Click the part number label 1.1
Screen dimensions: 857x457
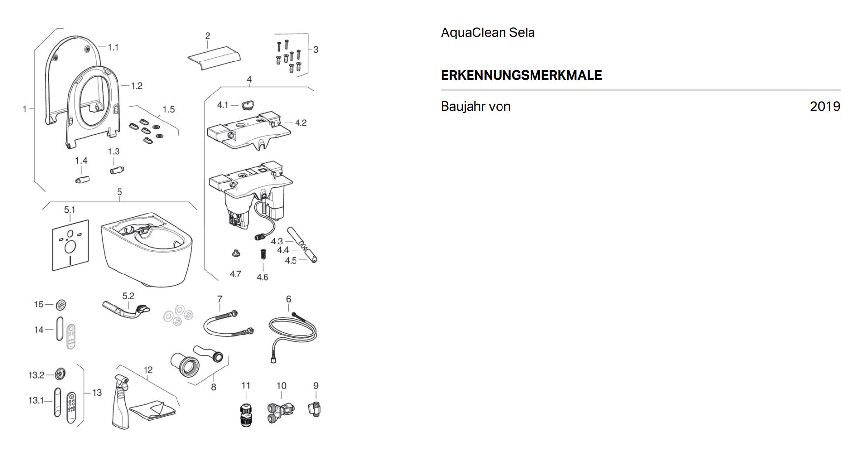pyautogui.click(x=113, y=47)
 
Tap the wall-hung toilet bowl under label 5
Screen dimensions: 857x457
pyautogui.click(x=147, y=248)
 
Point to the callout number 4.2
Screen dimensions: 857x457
pyautogui.click(x=300, y=122)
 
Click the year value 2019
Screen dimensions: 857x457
pyautogui.click(x=825, y=106)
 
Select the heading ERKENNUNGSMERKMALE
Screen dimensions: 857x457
pyautogui.click(x=521, y=75)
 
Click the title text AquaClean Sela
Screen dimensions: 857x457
pyautogui.click(x=488, y=32)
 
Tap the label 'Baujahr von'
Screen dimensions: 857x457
pyautogui.click(x=475, y=106)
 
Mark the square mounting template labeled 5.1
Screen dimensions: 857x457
pyautogui.click(x=70, y=245)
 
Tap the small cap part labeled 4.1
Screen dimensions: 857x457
pyautogui.click(x=249, y=105)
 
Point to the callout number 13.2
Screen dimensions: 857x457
pyautogui.click(x=36, y=375)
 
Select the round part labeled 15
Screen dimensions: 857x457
pyautogui.click(x=61, y=305)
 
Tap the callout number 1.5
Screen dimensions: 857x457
pyautogui.click(x=169, y=109)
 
